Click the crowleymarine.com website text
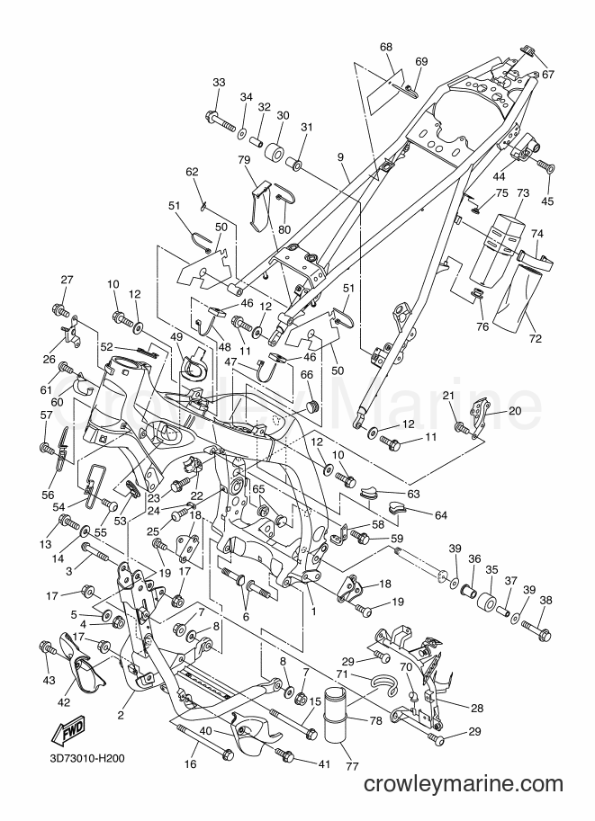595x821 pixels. pos(463,784)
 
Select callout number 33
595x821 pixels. pos(219,83)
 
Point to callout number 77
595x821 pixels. pos(352,766)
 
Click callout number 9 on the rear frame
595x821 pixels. pos(340,156)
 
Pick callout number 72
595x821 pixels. pos(535,339)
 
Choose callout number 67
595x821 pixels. pos(548,75)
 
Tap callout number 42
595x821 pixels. pos(63,702)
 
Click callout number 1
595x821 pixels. pos(313,611)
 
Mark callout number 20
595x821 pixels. pos(515,411)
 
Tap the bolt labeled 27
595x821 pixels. pos(61,310)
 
